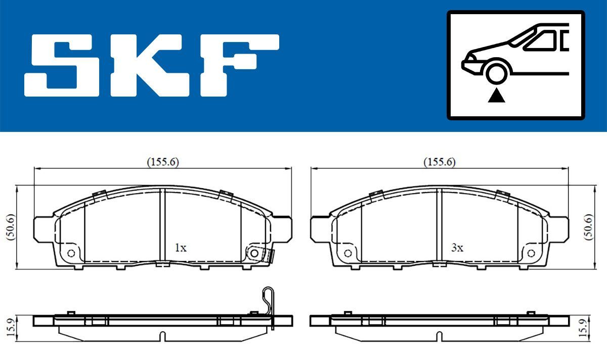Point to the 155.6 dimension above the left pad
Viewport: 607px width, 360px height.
pyautogui.click(x=163, y=162)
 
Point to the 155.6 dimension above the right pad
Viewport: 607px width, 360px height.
pyautogui.click(x=439, y=162)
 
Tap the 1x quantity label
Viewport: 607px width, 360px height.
pyautogui.click(x=181, y=248)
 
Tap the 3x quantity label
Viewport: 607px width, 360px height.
pyautogui.click(x=457, y=248)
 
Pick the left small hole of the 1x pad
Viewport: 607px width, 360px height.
pyautogui.click(x=71, y=253)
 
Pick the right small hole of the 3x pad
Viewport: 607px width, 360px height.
pyautogui.click(x=531, y=253)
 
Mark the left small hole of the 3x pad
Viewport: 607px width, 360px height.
pyautogui.click(x=348, y=253)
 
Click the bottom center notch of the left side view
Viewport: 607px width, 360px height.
pyautogui.click(x=162, y=336)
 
